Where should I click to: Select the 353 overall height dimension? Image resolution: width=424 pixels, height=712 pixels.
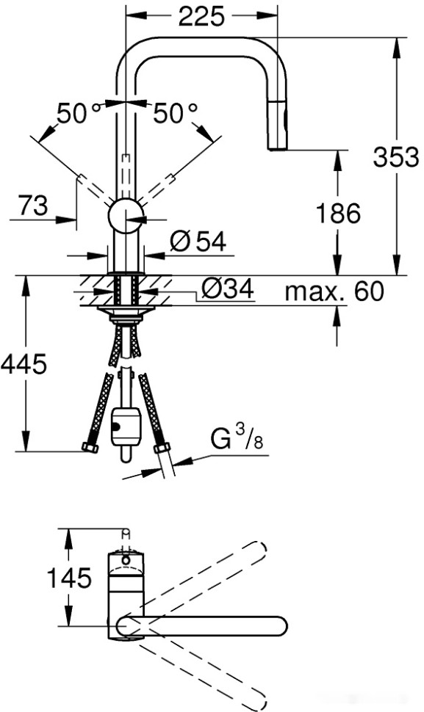coord(395,156)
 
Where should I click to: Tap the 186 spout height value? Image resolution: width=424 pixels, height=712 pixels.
coord(338,214)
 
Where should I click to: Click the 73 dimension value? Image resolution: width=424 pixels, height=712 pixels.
coord(32,207)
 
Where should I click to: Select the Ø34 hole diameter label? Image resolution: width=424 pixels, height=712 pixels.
coord(226,290)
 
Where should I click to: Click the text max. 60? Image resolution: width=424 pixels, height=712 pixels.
coord(334,291)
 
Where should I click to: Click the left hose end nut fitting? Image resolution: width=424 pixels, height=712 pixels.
coord(90,447)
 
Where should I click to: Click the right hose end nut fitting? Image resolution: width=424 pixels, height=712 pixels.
coord(159,447)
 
